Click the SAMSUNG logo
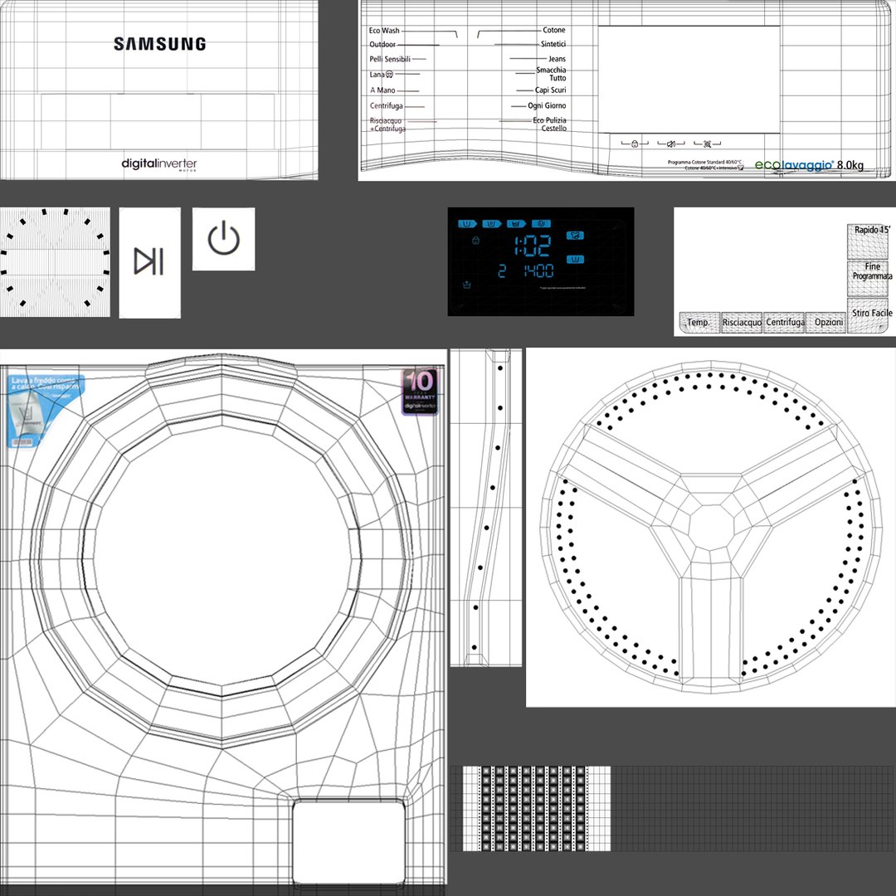[x=159, y=44]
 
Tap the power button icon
[x=223, y=239]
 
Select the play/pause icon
[x=149, y=261]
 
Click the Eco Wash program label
[x=384, y=31]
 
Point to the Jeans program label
[x=557, y=59]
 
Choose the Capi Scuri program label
[x=550, y=90]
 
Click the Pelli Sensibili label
[x=390, y=60]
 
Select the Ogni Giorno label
[x=547, y=106]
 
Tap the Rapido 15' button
[x=867, y=230]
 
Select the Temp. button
[x=698, y=323]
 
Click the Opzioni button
[x=828, y=323]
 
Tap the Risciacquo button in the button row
[x=741, y=323]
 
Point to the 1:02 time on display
[x=532, y=245]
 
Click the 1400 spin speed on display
[x=538, y=271]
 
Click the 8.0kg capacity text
[x=850, y=166]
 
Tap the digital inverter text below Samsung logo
[x=159, y=163]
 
